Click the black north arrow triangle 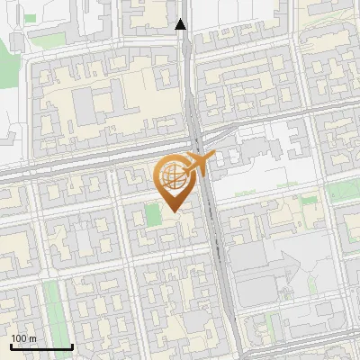[x=181, y=24]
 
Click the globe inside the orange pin [x=174, y=178]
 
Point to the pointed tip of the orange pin [x=174, y=211]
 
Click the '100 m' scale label [x=23, y=338]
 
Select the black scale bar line [x=41, y=346]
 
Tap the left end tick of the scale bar [x=11, y=346]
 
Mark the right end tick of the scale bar [x=72, y=346]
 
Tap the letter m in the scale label [x=33, y=338]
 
